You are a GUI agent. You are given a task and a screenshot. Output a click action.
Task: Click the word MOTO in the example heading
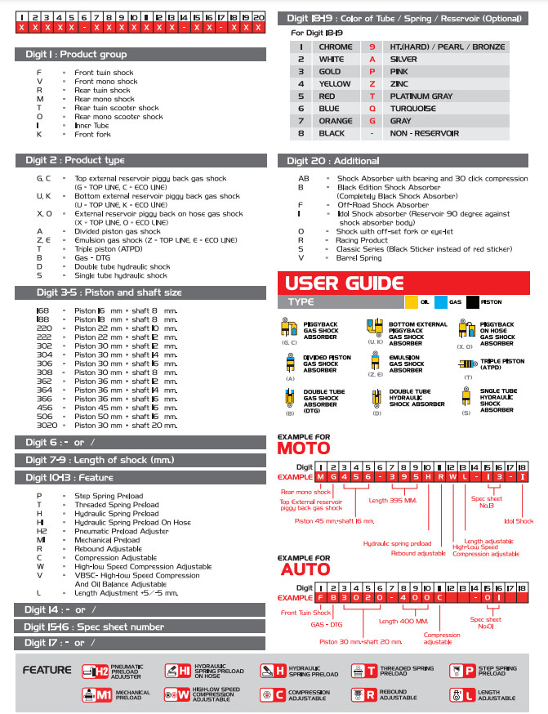pos(304,448)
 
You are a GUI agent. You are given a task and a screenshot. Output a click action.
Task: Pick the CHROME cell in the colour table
pos(336,47)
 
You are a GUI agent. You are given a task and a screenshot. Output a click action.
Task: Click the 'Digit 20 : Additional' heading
pos(333,161)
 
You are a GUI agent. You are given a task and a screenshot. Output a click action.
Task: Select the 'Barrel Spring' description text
pos(359,257)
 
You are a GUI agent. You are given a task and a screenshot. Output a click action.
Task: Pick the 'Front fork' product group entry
pos(92,134)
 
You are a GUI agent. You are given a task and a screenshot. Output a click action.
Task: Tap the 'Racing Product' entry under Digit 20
pos(362,240)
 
